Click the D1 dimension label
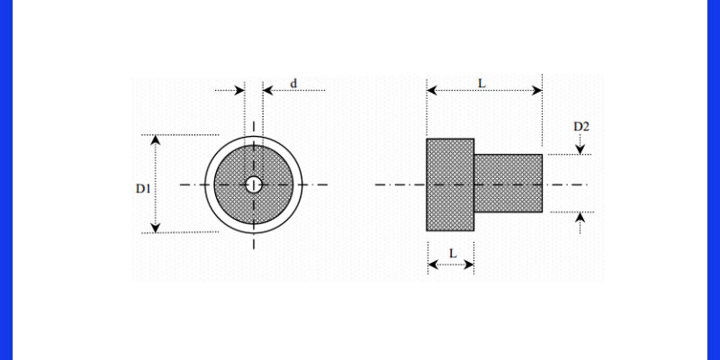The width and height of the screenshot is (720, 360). point(143,189)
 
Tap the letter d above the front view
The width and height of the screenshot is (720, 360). point(293,84)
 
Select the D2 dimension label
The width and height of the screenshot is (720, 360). point(581,126)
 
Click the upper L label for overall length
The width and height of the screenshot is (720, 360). point(481,84)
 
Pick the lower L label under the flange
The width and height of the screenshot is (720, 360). point(453,254)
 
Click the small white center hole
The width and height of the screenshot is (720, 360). point(254,184)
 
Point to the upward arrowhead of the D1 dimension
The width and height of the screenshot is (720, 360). point(156,139)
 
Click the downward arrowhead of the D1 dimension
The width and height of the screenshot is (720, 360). point(156,228)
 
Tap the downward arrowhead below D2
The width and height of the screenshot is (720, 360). point(580,149)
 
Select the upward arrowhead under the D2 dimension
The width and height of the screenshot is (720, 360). point(580,217)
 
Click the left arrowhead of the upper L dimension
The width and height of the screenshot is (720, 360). point(432,91)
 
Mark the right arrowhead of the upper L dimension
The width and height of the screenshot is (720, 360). point(537,91)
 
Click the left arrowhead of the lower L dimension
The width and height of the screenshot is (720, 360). point(433,265)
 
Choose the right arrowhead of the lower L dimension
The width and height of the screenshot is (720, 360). point(469,265)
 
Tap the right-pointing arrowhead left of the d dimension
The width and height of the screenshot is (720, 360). point(239,91)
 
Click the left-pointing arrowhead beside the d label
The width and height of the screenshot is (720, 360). point(267,91)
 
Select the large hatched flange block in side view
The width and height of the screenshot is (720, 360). point(450,184)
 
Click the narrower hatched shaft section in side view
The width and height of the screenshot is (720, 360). point(508,184)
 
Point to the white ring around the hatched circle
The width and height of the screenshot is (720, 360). point(254,140)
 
